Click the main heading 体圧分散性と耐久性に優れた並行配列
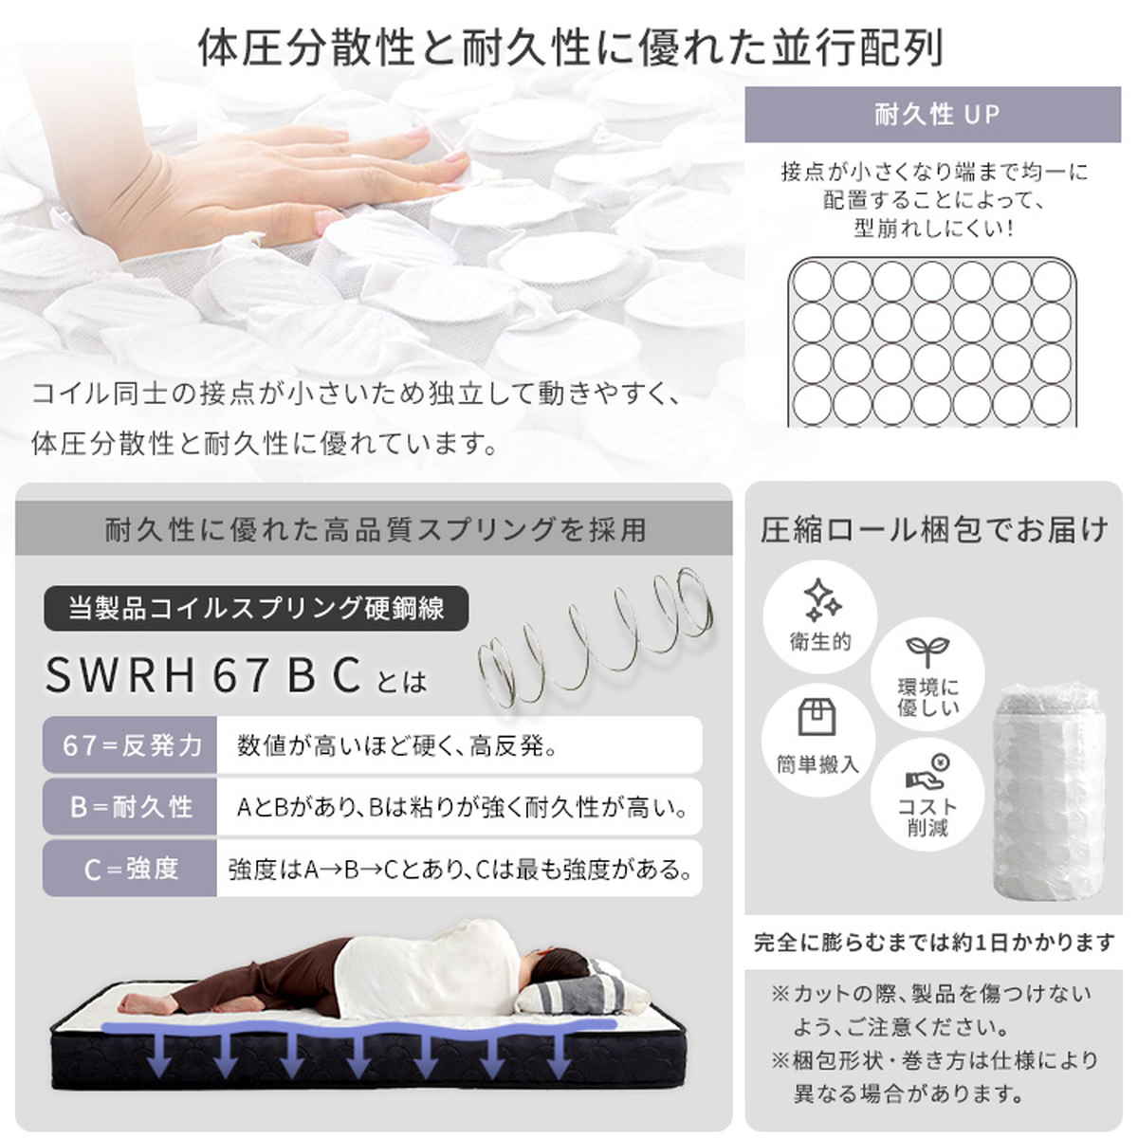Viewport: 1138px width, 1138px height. pyautogui.click(x=570, y=48)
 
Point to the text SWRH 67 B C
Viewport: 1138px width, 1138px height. pyautogui.click(x=204, y=674)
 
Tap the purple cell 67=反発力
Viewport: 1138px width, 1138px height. pyautogui.click(x=131, y=745)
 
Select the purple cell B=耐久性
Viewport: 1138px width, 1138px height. pyautogui.click(x=131, y=807)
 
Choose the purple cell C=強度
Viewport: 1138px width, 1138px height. pyautogui.click(x=131, y=868)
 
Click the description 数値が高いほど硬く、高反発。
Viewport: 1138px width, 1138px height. pyautogui.click(x=398, y=745)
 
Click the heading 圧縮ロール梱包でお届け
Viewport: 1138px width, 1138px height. pyautogui.click(x=934, y=529)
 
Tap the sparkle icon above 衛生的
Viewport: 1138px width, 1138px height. pyautogui.click(x=820, y=597)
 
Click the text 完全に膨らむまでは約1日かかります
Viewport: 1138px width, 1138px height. pyautogui.click(x=934, y=943)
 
